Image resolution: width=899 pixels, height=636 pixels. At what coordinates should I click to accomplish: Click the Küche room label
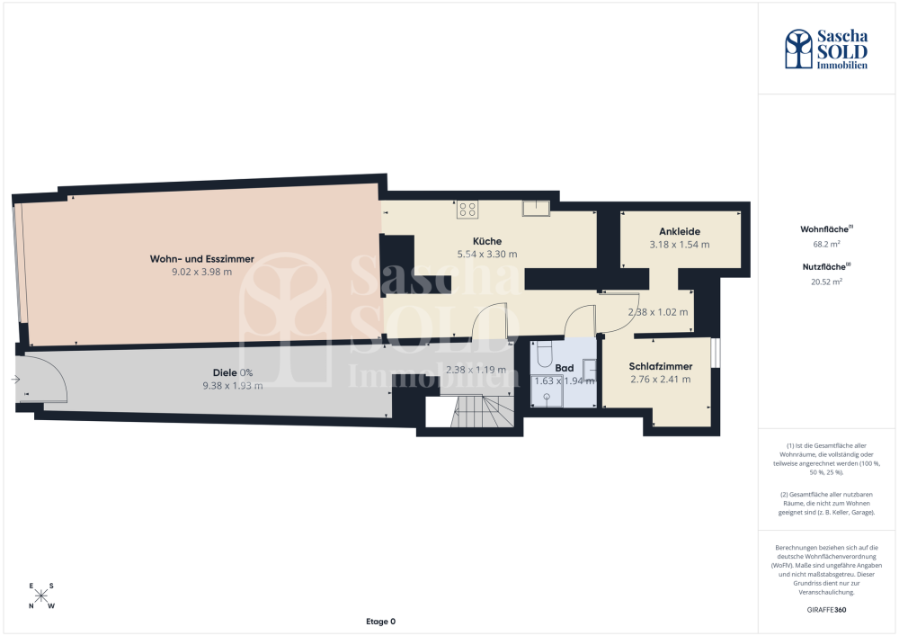pyautogui.click(x=486, y=241)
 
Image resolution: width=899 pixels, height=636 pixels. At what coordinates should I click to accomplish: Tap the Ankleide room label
pyautogui.click(x=680, y=232)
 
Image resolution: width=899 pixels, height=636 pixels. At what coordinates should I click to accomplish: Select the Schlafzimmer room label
pyautogui.click(x=661, y=366)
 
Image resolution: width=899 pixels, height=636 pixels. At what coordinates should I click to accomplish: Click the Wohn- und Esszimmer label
pyautogui.click(x=201, y=259)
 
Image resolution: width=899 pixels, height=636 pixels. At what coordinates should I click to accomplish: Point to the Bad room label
pyautogui.click(x=565, y=368)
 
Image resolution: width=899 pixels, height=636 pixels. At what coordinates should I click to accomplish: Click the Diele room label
pyautogui.click(x=225, y=372)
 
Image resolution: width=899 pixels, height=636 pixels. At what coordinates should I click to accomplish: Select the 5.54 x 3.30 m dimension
pyautogui.click(x=486, y=254)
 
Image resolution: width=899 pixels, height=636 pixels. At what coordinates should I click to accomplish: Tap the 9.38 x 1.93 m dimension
pyautogui.click(x=233, y=386)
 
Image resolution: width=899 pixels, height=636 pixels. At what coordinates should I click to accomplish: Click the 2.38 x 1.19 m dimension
pyautogui.click(x=476, y=370)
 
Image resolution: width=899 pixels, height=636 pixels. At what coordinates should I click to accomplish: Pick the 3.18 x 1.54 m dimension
pyautogui.click(x=680, y=245)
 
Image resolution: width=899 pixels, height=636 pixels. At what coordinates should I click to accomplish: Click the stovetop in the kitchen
pyautogui.click(x=467, y=210)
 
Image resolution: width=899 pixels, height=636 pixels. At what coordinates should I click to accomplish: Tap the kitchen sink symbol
pyautogui.click(x=536, y=208)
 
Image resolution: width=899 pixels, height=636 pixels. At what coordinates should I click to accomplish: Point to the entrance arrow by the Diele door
pyautogui.click(x=15, y=380)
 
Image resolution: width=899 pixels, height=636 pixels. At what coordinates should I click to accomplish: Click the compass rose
pyautogui.click(x=41, y=596)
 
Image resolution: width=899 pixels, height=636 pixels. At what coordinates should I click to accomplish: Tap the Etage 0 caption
pyautogui.click(x=380, y=622)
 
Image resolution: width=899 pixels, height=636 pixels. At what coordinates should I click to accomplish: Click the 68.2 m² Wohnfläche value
pyautogui.click(x=826, y=245)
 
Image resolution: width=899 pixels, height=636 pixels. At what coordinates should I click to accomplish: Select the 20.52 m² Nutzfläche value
pyautogui.click(x=826, y=282)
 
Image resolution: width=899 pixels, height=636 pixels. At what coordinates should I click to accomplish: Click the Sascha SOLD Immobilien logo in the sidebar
pyautogui.click(x=826, y=49)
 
